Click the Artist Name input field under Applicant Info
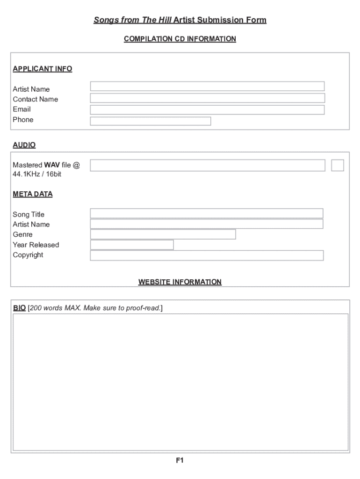coord(207,87)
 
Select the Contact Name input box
coord(207,98)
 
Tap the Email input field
coord(207,110)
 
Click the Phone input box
coord(151,121)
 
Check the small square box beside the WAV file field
coord(338,165)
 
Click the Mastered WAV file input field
coord(207,165)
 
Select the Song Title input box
coord(207,213)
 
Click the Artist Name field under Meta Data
coord(207,224)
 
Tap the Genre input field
coord(163,234)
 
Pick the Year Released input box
coord(132,245)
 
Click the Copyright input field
coord(207,255)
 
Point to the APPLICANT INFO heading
coord(43,69)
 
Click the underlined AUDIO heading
coord(24,145)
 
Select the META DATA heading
coord(33,194)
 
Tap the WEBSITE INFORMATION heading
coord(180,282)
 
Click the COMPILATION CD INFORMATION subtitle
coord(180,39)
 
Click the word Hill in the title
coord(165,20)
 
